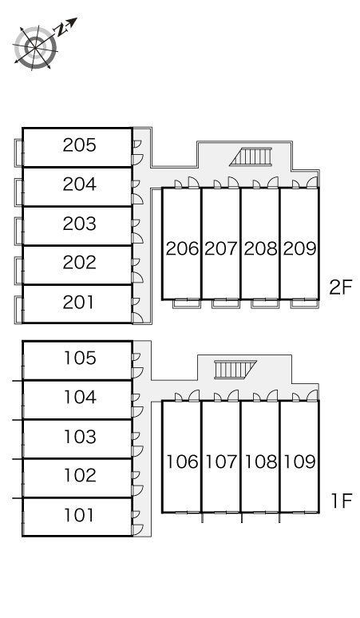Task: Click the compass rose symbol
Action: pyautogui.click(x=35, y=48)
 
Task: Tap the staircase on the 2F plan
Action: pyautogui.click(x=251, y=156)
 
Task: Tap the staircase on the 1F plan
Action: pyautogui.click(x=235, y=370)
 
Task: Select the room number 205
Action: pyautogui.click(x=79, y=145)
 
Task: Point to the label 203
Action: pyautogui.click(x=79, y=224)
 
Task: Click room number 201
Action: pyautogui.click(x=78, y=303)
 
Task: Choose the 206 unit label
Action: pyautogui.click(x=181, y=248)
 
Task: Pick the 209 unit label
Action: pyautogui.click(x=300, y=248)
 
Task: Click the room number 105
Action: pyautogui.click(x=80, y=358)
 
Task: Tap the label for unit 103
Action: pyautogui.click(x=80, y=436)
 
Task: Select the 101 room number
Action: pyautogui.click(x=79, y=515)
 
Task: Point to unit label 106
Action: pyautogui.click(x=182, y=462)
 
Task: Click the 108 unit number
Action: pyautogui.click(x=261, y=462)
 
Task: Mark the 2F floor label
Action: pyautogui.click(x=340, y=287)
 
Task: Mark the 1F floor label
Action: pyautogui.click(x=341, y=501)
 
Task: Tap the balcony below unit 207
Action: pyautogui.click(x=226, y=303)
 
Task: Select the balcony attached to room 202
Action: pyautogui.click(x=18, y=271)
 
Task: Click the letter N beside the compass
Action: pyautogui.click(x=61, y=30)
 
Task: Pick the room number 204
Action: pyautogui.click(x=79, y=184)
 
